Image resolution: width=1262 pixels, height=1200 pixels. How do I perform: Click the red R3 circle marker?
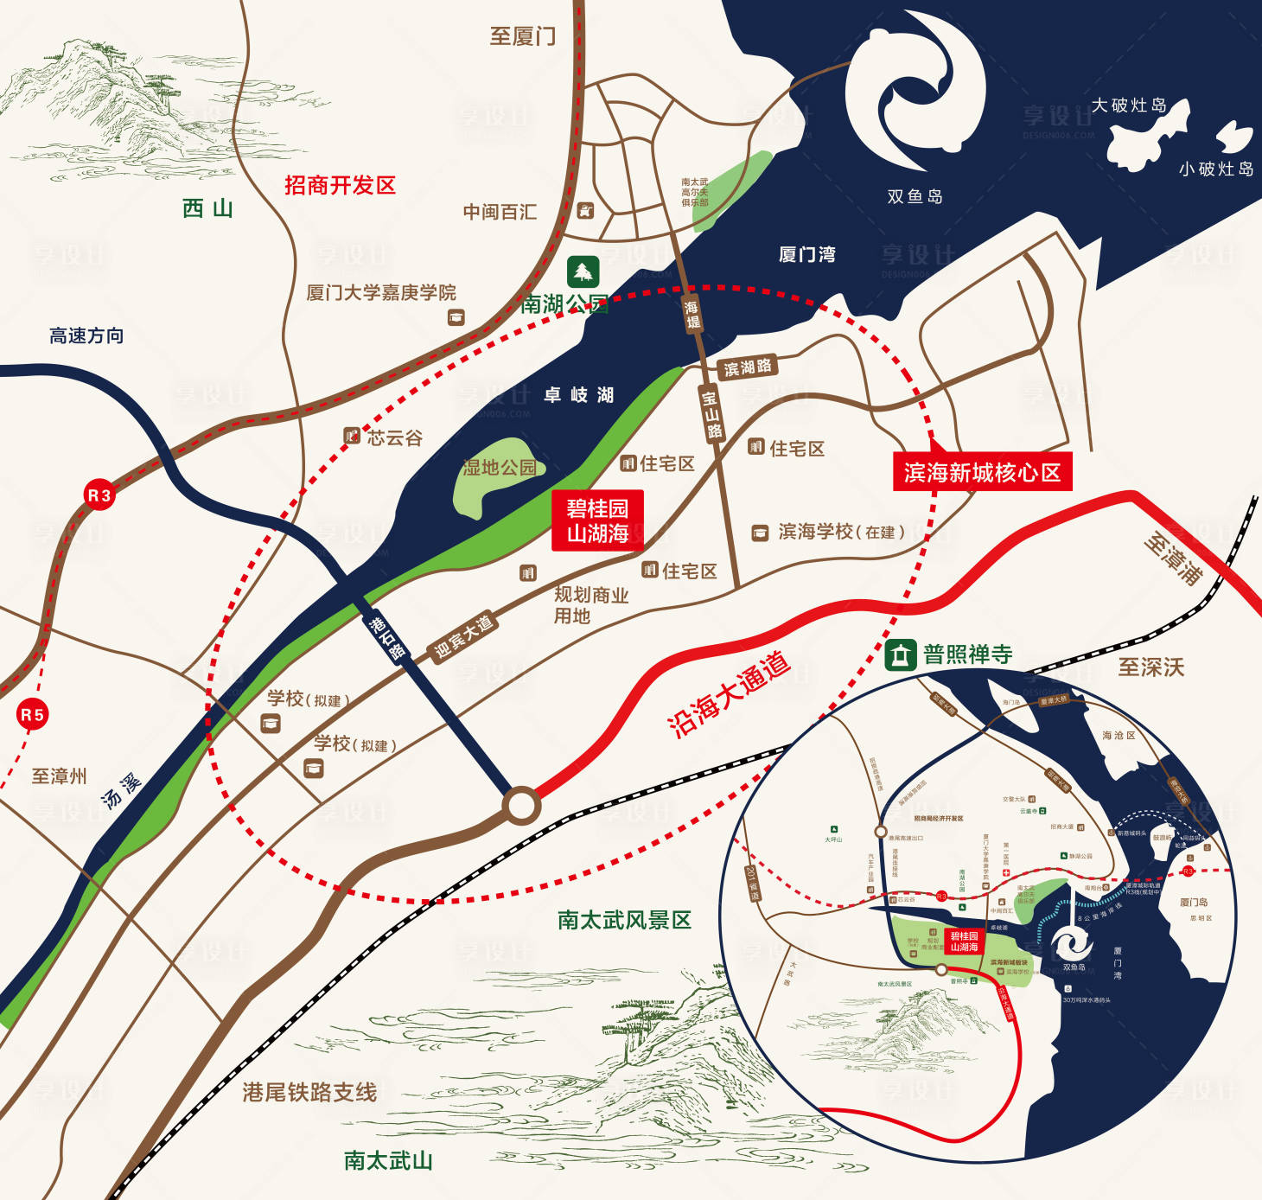(99, 495)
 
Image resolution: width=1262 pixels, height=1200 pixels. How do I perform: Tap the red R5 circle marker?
(32, 715)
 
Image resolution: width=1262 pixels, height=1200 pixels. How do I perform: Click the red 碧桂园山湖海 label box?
(597, 520)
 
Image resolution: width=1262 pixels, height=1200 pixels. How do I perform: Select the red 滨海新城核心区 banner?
(982, 472)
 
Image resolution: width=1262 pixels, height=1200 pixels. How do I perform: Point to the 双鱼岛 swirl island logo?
(915, 91)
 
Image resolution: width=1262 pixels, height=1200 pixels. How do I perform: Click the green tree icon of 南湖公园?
(583, 272)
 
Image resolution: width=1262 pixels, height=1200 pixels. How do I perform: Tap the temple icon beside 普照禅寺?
(900, 654)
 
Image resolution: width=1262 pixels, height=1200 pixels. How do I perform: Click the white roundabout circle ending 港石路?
(521, 805)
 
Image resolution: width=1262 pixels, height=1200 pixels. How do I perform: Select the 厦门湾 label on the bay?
(806, 254)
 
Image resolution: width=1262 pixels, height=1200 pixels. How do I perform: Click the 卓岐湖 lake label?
(578, 395)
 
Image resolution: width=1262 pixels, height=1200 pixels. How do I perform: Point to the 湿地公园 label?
(499, 468)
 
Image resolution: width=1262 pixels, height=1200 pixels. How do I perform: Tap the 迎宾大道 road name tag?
(463, 636)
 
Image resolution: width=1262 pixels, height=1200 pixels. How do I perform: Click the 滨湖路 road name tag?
(748, 367)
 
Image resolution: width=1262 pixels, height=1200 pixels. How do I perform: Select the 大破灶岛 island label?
(1129, 105)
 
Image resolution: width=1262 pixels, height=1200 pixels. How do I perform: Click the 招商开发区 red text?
(340, 185)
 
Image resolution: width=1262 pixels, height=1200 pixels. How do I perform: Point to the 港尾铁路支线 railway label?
(309, 1092)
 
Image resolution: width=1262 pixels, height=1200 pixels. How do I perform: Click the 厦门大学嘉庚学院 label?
(381, 292)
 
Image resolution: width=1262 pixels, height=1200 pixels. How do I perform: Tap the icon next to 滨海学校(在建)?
(760, 533)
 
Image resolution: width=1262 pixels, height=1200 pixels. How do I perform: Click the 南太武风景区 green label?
(624, 920)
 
